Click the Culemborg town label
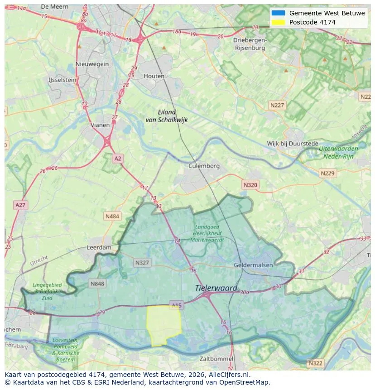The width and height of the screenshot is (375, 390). (x=204, y=166)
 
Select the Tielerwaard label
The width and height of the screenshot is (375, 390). (x=216, y=288)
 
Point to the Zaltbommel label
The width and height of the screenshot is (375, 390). (x=216, y=359)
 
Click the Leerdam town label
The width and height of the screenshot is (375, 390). (x=99, y=248)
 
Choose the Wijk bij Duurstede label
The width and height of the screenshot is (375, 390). (x=293, y=144)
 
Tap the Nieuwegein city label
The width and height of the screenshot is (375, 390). (x=92, y=64)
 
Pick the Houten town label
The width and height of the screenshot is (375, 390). (x=154, y=76)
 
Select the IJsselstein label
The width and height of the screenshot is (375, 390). (x=62, y=80)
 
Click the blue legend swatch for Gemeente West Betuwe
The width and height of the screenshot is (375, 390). (x=278, y=13)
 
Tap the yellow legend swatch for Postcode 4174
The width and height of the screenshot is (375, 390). (x=278, y=22)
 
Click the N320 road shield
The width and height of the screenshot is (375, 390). (x=250, y=185)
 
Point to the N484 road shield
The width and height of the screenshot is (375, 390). (x=112, y=217)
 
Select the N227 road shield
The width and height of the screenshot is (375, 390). (x=277, y=105)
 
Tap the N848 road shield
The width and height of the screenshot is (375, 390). (x=97, y=284)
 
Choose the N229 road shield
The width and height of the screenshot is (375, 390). (x=327, y=173)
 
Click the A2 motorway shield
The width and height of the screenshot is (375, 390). (x=118, y=159)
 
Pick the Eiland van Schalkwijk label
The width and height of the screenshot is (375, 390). (x=167, y=116)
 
